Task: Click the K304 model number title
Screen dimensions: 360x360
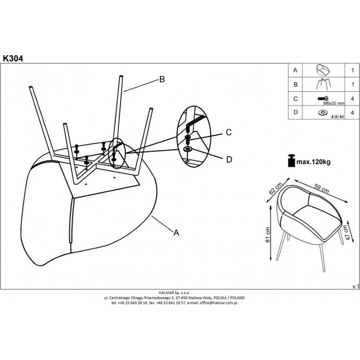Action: (x=13, y=59)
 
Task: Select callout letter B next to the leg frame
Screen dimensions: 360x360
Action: (x=162, y=79)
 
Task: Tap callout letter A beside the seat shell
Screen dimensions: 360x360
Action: (x=176, y=232)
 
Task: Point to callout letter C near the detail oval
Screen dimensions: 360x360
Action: (x=229, y=132)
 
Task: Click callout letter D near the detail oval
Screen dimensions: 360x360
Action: (x=229, y=159)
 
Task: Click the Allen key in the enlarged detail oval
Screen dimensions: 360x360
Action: (x=195, y=123)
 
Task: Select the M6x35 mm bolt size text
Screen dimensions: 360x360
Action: (x=334, y=103)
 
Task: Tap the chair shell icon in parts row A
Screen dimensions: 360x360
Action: (x=323, y=70)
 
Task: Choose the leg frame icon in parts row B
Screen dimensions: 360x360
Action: (x=323, y=84)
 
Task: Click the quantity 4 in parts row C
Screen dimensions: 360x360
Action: (x=352, y=99)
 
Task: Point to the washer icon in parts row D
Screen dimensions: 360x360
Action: (x=323, y=112)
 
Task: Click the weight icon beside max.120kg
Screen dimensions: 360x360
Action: (x=291, y=160)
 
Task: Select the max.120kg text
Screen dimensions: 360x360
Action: (x=313, y=162)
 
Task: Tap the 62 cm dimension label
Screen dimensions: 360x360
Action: (x=275, y=189)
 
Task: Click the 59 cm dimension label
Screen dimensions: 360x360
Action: (x=321, y=189)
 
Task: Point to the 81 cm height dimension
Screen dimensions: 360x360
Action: (x=267, y=235)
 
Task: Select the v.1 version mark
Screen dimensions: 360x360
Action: (x=356, y=287)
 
